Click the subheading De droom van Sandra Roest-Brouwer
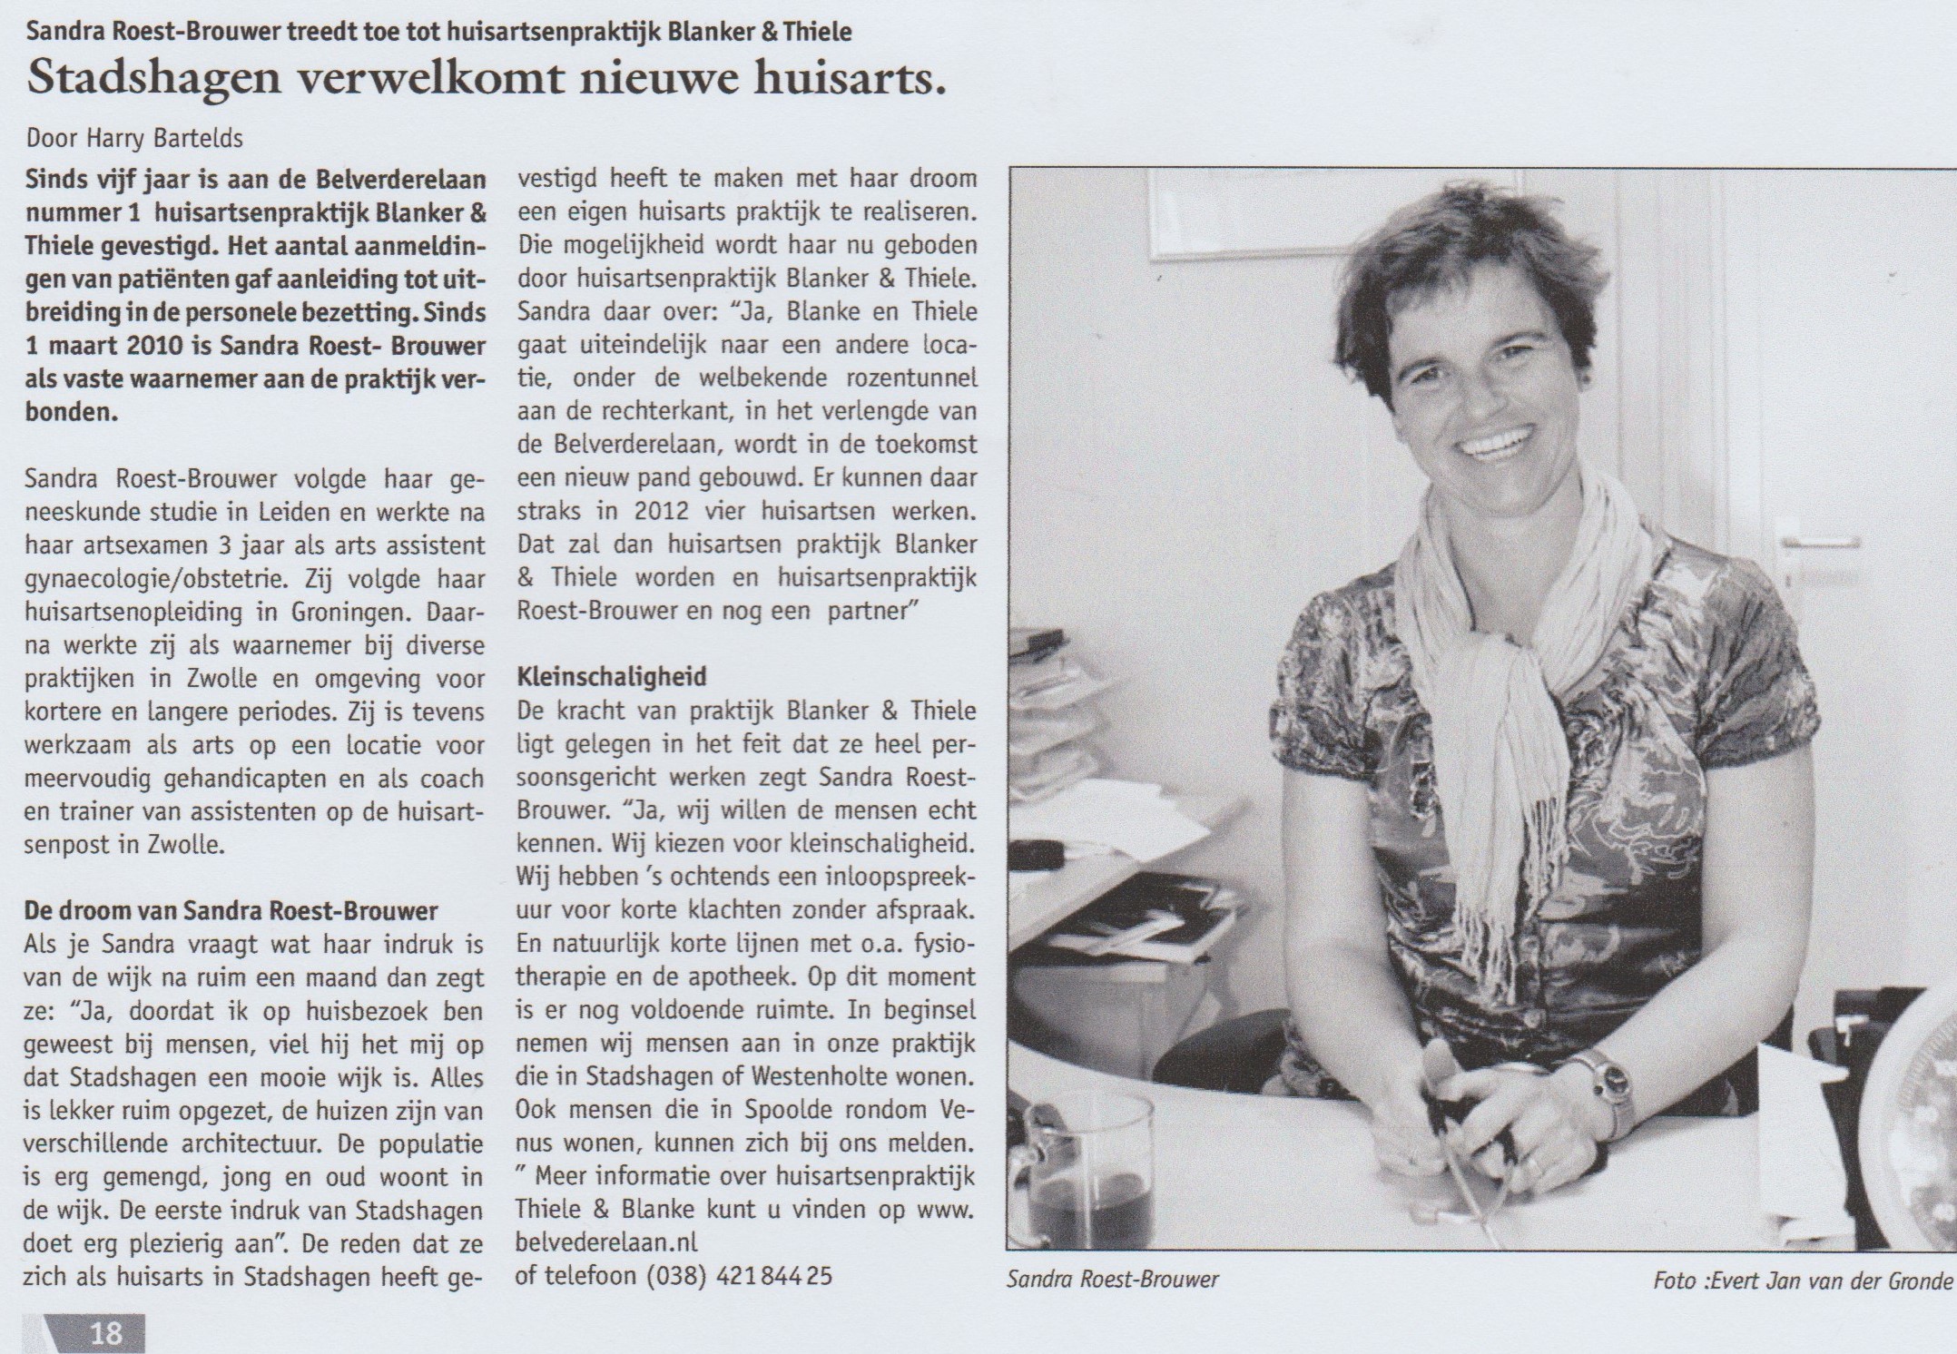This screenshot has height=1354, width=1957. pyautogui.click(x=231, y=910)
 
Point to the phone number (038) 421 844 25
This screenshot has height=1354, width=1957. pyautogui.click(x=739, y=1275)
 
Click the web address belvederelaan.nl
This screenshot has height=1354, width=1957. pyautogui.click(x=606, y=1242)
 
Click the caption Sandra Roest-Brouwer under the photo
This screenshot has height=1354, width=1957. pyautogui.click(x=1112, y=1280)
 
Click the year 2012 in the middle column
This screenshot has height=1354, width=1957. pyautogui.click(x=661, y=510)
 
